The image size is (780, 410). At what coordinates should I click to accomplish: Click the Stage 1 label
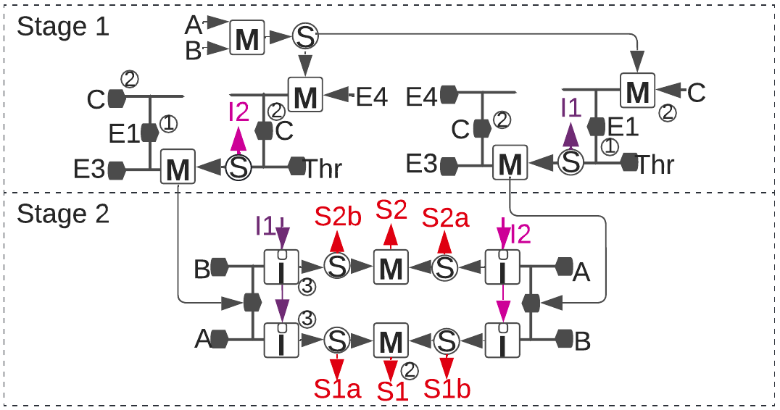63,27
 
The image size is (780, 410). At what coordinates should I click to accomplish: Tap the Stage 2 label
63,214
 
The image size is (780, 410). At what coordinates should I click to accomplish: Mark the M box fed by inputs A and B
247,37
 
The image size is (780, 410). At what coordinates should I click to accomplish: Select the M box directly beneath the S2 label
391,267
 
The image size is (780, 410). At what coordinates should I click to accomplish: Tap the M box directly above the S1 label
391,341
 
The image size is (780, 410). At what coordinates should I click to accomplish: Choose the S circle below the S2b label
337,267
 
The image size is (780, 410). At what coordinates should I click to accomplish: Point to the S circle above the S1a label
337,340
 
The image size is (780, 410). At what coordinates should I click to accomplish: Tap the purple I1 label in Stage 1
571,106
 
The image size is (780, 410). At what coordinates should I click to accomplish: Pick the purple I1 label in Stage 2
265,226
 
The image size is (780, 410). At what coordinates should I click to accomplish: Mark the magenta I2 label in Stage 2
520,233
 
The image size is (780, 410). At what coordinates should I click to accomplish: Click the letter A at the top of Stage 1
193,25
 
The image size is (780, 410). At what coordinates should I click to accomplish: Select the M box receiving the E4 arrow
305,95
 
